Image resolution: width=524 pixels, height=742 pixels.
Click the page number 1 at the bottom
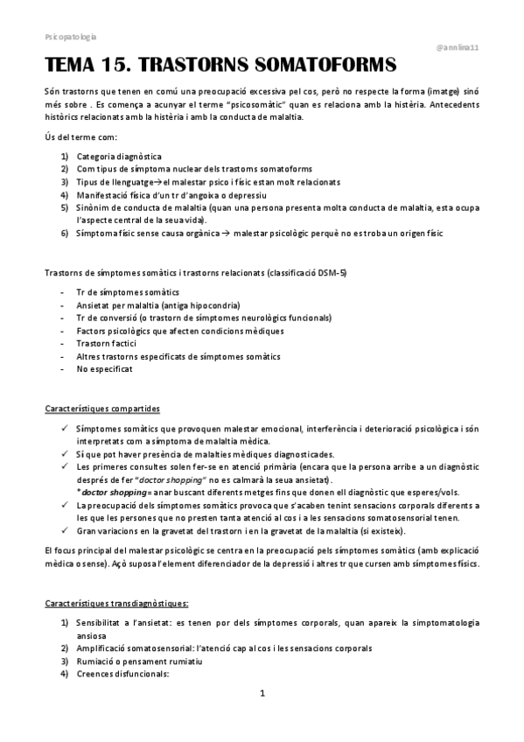(262, 694)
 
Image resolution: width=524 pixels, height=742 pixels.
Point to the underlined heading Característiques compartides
(101, 409)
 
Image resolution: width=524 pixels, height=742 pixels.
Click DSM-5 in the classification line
(330, 273)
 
